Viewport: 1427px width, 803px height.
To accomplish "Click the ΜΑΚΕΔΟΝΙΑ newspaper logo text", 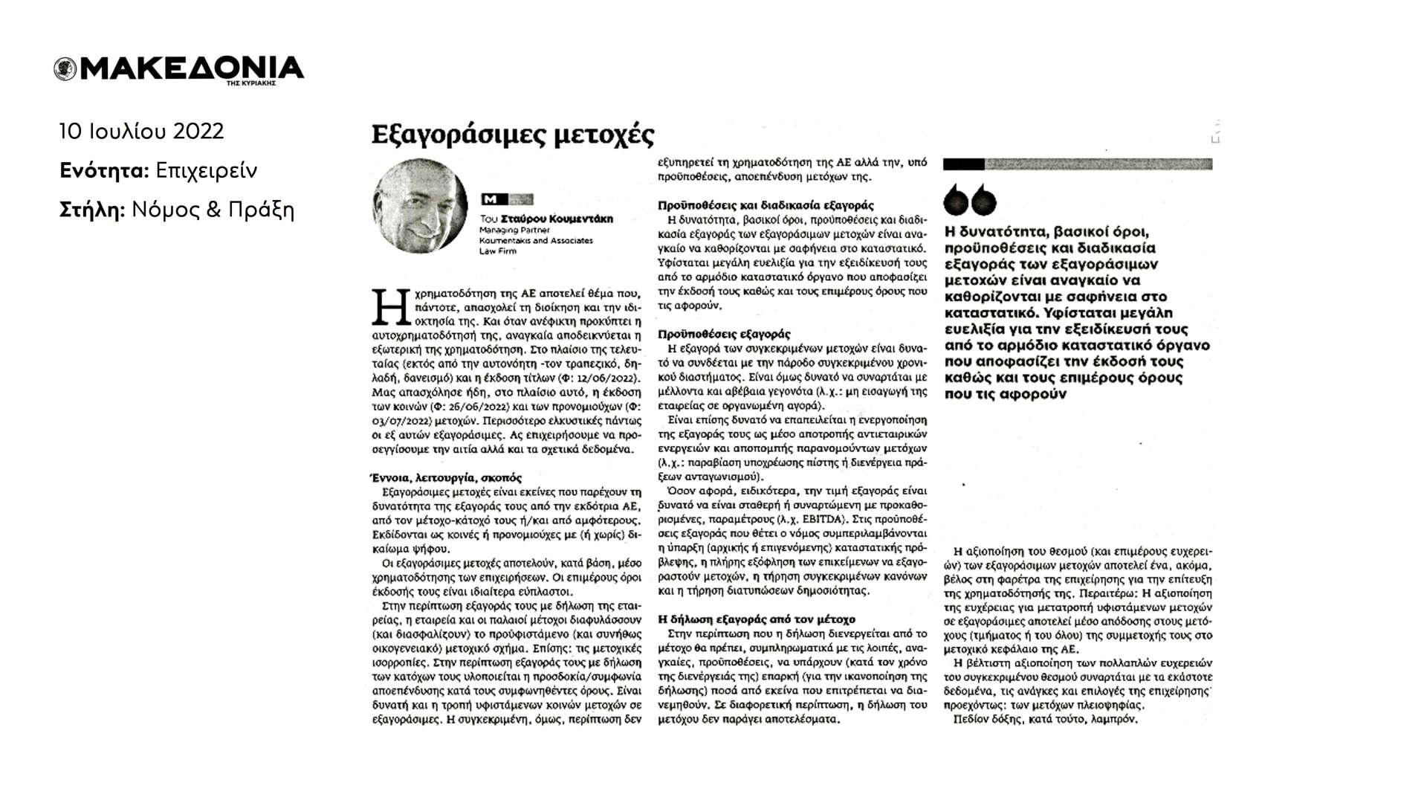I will pyautogui.click(x=190, y=68).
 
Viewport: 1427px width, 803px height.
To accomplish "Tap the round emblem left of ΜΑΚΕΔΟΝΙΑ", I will pyautogui.click(x=65, y=69).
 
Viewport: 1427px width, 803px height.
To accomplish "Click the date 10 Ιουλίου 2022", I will pyautogui.click(x=141, y=132).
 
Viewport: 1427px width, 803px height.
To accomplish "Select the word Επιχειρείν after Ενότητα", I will pyautogui.click(x=207, y=171).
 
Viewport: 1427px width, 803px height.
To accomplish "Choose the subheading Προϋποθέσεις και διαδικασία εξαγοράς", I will pyautogui.click(x=766, y=204).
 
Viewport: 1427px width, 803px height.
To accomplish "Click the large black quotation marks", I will pyautogui.click(x=970, y=199).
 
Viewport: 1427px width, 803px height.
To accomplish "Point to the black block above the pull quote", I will pyautogui.click(x=963, y=164).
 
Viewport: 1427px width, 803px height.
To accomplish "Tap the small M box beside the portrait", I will pyautogui.click(x=490, y=199).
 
